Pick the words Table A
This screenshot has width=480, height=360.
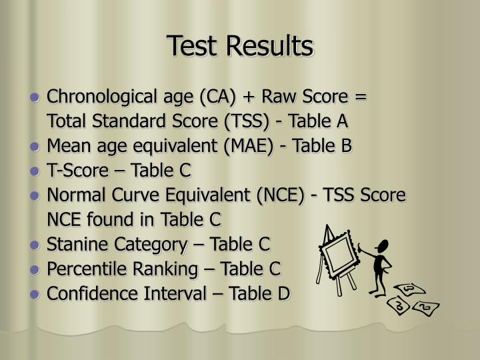point(323,121)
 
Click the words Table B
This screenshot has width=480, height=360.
point(325,146)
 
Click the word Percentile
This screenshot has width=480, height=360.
point(82,269)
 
